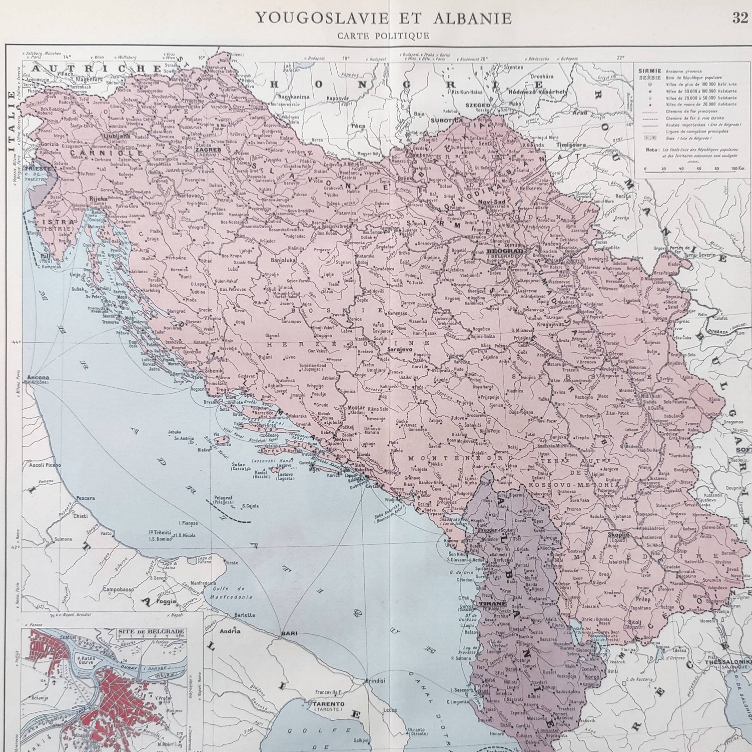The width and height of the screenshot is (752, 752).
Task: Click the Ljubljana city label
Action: [x=116, y=137]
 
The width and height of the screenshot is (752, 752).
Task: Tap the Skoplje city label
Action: [x=618, y=535]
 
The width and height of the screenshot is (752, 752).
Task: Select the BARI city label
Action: [x=289, y=633]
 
